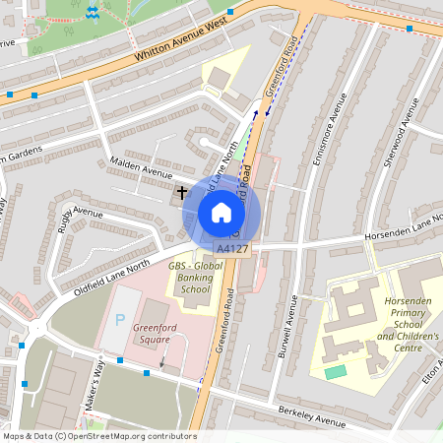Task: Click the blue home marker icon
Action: click(221, 213)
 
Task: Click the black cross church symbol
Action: click(181, 193)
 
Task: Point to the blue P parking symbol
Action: click(120, 320)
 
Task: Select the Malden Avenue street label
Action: click(140, 168)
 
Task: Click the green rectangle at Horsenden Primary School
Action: click(336, 372)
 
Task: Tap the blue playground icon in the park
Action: click(92, 12)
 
